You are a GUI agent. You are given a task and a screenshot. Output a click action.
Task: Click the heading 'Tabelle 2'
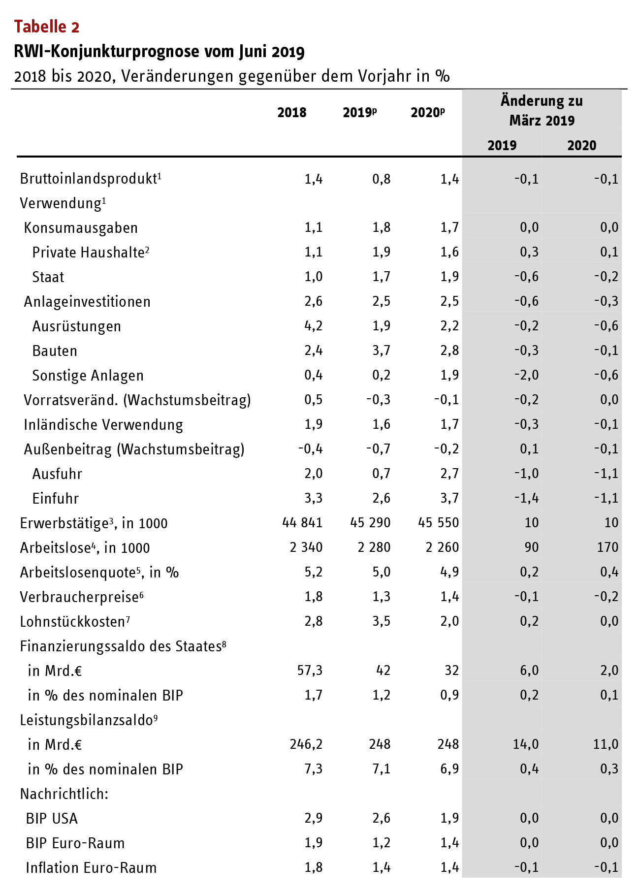[x=47, y=27]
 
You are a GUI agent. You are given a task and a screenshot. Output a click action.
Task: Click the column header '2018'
[x=291, y=113]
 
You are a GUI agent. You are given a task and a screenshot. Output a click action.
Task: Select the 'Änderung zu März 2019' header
[x=542, y=111]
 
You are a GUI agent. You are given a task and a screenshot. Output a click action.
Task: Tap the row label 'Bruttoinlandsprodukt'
[x=89, y=179]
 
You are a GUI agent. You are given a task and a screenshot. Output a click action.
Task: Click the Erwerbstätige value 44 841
[x=302, y=523]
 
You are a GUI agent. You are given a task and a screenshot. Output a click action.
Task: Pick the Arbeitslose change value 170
[x=607, y=547]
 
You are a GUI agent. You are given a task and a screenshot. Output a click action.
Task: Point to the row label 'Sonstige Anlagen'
[x=88, y=376]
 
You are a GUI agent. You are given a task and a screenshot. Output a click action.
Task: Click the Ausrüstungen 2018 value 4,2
[x=313, y=326]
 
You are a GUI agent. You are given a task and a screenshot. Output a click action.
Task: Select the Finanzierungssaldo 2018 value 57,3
[x=310, y=671]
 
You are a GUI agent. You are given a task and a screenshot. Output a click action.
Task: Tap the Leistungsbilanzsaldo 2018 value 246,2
[x=306, y=744]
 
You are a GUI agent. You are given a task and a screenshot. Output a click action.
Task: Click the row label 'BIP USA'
[x=52, y=819]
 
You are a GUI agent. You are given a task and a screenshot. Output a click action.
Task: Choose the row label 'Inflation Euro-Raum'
[x=91, y=868]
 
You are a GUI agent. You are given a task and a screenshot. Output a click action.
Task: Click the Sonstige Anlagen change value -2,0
[x=526, y=375]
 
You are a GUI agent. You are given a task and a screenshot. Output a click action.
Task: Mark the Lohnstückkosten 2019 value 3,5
[x=381, y=621]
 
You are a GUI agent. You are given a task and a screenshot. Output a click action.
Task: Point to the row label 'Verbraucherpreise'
[x=79, y=597]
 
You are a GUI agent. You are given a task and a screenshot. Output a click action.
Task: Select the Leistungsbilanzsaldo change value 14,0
[x=525, y=744]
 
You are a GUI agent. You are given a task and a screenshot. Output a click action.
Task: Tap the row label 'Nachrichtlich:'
[x=64, y=794]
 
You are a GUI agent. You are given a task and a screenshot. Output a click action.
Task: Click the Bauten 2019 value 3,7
[x=381, y=351]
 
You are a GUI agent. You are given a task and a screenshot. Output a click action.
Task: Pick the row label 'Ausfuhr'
[x=57, y=474]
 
